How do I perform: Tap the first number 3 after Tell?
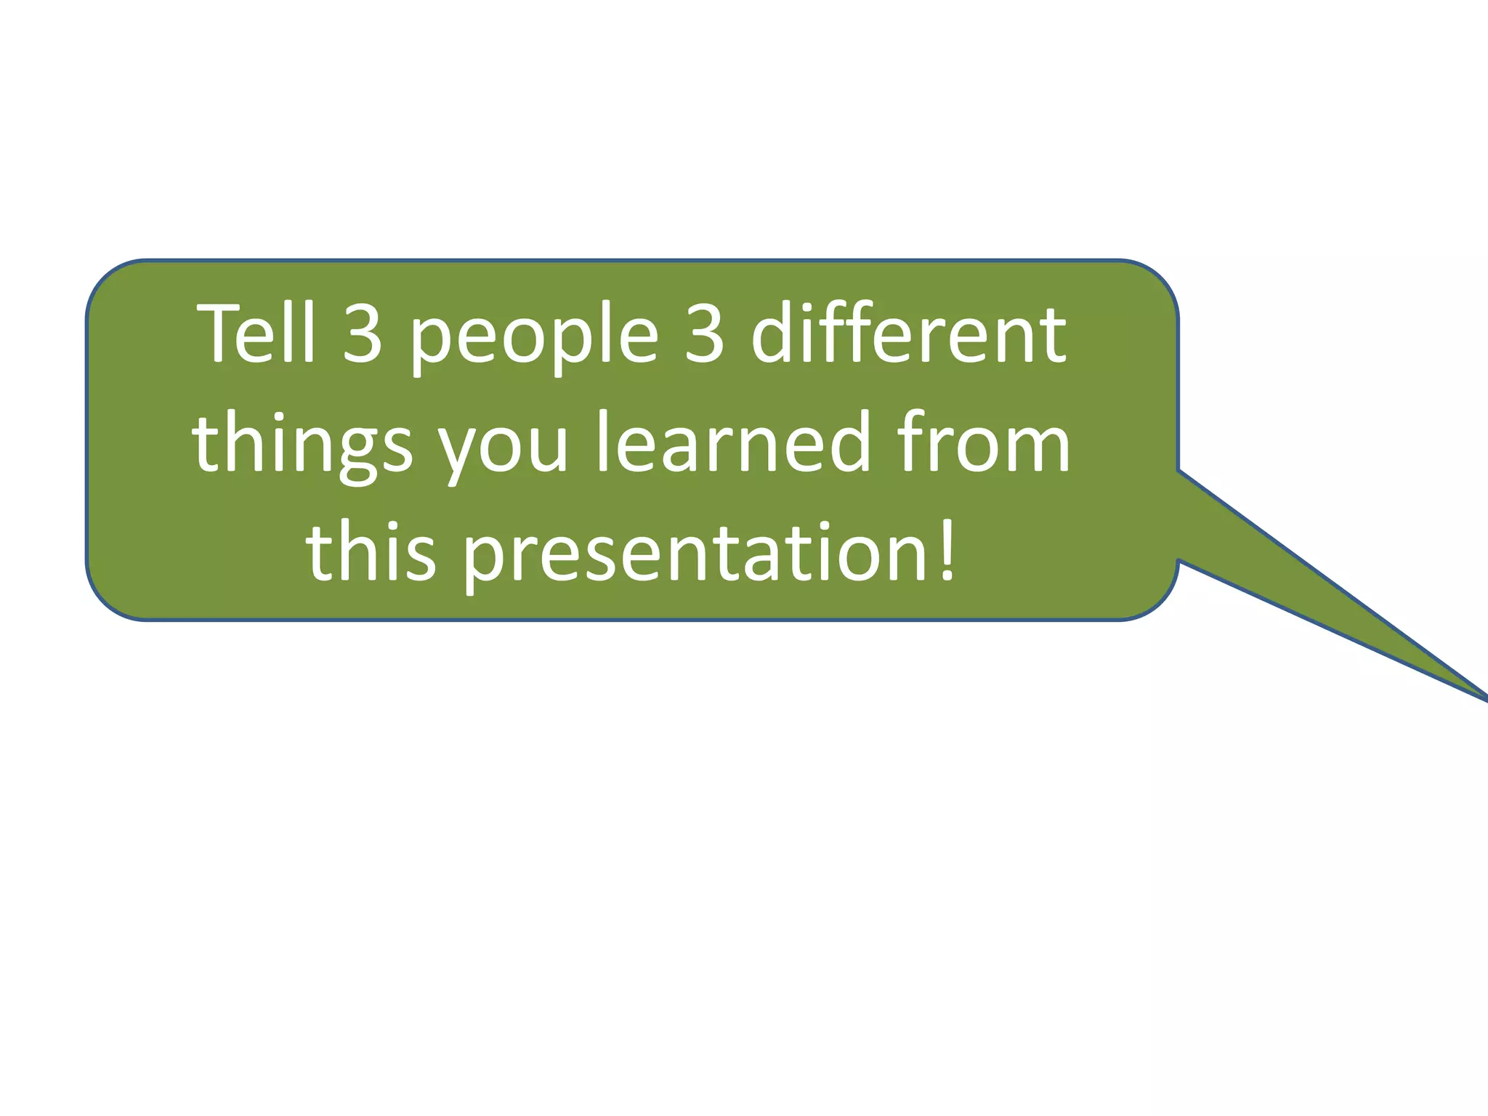[x=362, y=334]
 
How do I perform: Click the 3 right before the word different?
[x=704, y=334]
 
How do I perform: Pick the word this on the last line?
[x=371, y=552]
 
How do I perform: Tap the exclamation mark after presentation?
[x=947, y=550]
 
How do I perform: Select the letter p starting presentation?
[x=483, y=563]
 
